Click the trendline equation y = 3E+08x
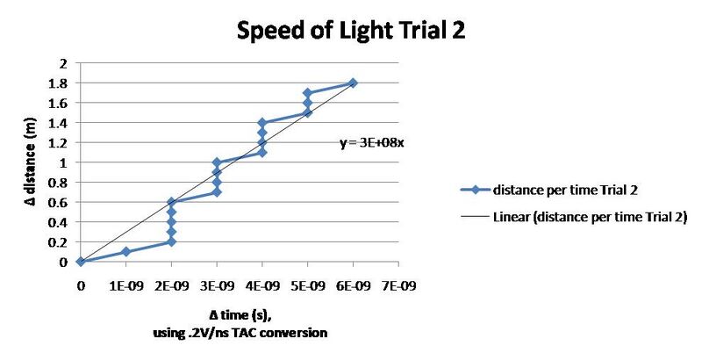[372, 142]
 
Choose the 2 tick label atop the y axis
[65, 63]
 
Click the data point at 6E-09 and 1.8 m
[353, 83]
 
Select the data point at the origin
[81, 262]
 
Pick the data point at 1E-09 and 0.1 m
[125, 252]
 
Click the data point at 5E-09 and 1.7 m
[307, 93]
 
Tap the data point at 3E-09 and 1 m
[217, 162]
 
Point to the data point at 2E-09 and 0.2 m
[171, 241]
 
